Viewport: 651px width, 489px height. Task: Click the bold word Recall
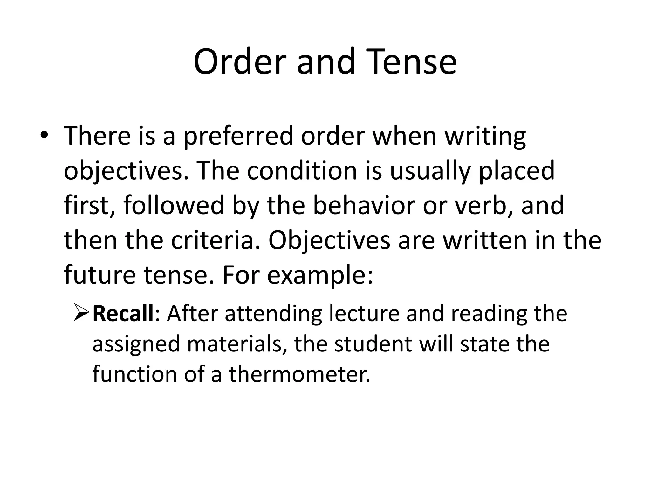click(x=123, y=313)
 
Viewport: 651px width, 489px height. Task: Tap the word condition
click(x=302, y=171)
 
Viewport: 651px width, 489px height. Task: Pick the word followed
click(x=174, y=205)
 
